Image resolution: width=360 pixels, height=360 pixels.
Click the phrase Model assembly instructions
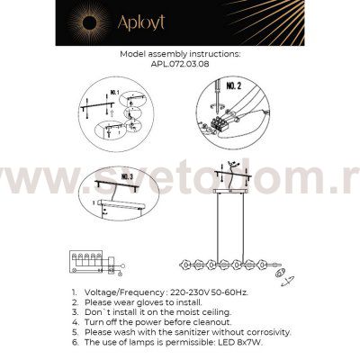[x=180, y=55]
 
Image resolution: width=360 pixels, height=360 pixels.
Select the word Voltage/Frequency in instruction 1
[x=122, y=293]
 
